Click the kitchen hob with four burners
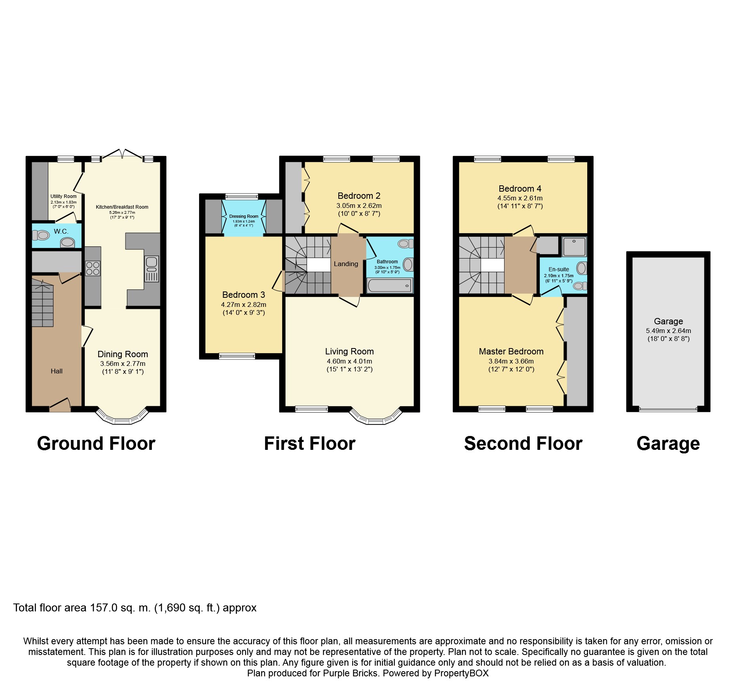coord(93,268)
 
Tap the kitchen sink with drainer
coord(152,269)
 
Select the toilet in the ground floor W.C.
coord(41,236)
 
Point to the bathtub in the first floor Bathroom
coord(389,286)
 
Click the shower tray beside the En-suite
coord(574,247)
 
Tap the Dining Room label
coord(123,354)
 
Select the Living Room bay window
coord(376,416)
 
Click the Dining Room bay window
coord(122,416)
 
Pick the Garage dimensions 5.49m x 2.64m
coord(668,331)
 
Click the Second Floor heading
coord(523,444)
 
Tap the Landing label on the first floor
coord(346,264)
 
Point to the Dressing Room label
coord(244,217)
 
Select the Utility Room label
coord(63,196)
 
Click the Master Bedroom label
coord(511,352)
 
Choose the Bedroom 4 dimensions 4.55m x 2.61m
coord(520,198)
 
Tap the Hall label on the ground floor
coord(57,371)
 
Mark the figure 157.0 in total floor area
coord(104,608)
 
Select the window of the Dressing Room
coord(242,196)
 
